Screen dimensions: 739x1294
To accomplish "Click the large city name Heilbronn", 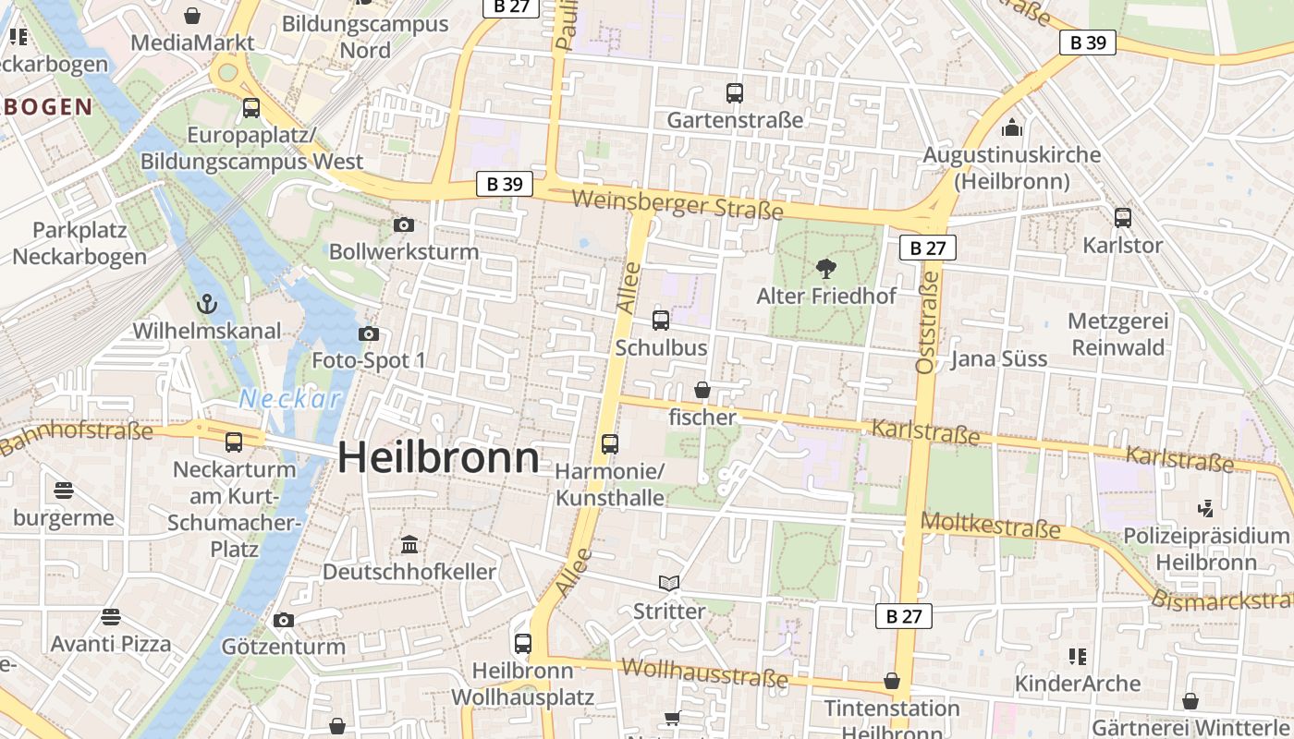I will tap(438, 458).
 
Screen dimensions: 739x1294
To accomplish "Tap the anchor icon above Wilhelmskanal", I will tap(207, 303).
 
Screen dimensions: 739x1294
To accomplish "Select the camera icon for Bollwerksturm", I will tap(404, 224).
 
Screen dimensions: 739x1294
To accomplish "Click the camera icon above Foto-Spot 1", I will tap(369, 333).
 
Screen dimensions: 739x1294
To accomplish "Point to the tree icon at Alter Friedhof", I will tap(826, 269).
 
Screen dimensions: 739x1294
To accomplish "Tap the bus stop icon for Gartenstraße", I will tap(735, 93).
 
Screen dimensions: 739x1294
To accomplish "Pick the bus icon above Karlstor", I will tap(1123, 218).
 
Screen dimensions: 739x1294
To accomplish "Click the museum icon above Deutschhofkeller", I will tap(409, 544).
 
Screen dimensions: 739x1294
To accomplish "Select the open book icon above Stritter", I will tap(669, 583).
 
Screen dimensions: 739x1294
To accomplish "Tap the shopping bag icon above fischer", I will tap(702, 390).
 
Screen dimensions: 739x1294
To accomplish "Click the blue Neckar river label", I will tap(290, 399).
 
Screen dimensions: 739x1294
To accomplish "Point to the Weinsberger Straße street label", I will tap(678, 204).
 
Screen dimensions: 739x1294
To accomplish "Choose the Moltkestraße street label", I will tap(991, 526).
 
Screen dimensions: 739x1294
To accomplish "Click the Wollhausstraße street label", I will tap(704, 672).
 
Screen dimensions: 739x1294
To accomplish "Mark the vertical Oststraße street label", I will tap(925, 330).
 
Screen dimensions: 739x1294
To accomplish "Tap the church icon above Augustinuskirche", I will tap(1012, 127).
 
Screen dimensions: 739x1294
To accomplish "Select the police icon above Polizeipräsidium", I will tap(1205, 507).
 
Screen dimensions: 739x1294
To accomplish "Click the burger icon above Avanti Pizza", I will tap(111, 616).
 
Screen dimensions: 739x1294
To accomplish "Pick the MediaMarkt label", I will tap(192, 42).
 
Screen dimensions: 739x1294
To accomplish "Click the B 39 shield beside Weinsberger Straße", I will tap(505, 184).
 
